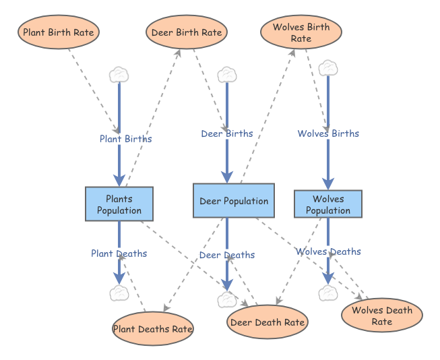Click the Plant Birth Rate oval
pyautogui.click(x=59, y=32)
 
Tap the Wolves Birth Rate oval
pyautogui.click(x=301, y=33)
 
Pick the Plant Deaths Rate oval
pyautogui.click(x=152, y=329)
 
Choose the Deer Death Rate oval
pyautogui.click(x=268, y=322)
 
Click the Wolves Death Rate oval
pyautogui.click(x=381, y=316)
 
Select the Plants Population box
pyautogui.click(x=119, y=204)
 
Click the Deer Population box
pyautogui.click(x=234, y=201)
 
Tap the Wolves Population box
pyautogui.click(x=328, y=204)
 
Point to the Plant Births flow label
pyautogui.click(x=126, y=139)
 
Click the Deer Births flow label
pyautogui.click(x=227, y=133)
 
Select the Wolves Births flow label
pyautogui.click(x=328, y=133)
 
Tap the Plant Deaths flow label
pyautogui.click(x=119, y=253)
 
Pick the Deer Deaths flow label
pyautogui.click(x=227, y=255)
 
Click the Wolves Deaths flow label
pyautogui.click(x=328, y=251)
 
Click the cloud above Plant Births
pyautogui.click(x=119, y=74)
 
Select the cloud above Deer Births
pyautogui.click(x=227, y=74)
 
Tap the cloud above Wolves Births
pyautogui.click(x=328, y=67)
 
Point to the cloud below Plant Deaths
pyautogui.click(x=119, y=293)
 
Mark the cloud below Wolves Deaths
pyautogui.click(x=328, y=293)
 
